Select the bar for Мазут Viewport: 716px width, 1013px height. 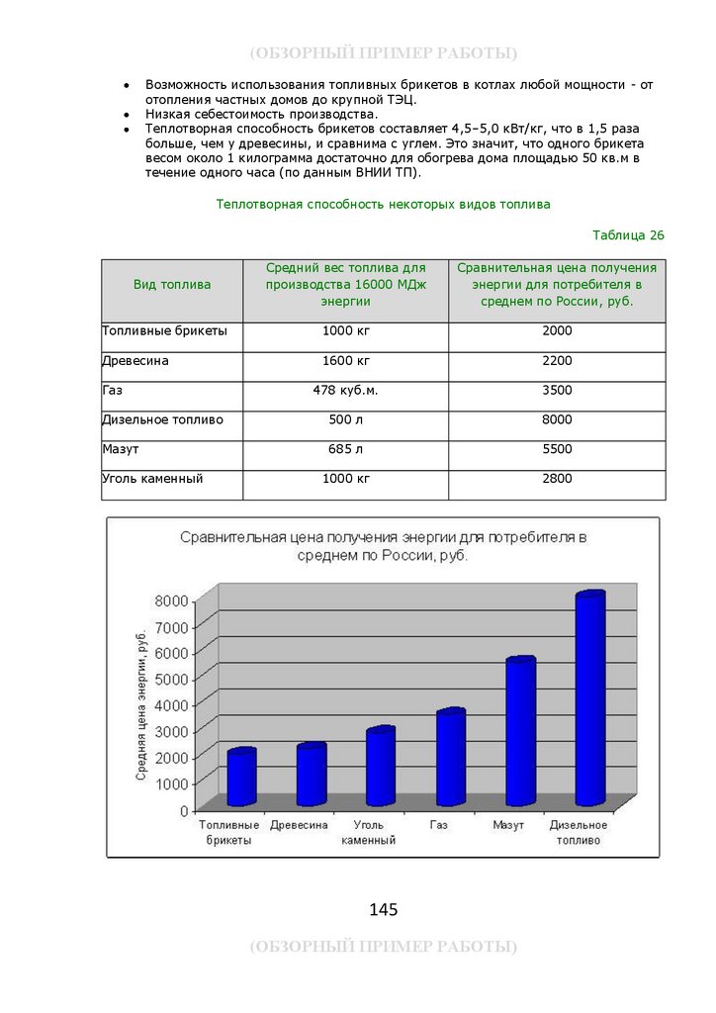coord(520,732)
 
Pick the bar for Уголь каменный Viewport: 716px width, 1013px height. coord(381,767)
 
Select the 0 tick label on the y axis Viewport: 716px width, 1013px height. coord(184,810)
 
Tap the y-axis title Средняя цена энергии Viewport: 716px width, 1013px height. coord(142,703)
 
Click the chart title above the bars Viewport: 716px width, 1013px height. coord(383,546)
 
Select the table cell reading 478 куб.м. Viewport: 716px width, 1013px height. coord(345,391)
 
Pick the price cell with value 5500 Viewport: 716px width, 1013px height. coord(557,449)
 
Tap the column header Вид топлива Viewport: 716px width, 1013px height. coord(172,285)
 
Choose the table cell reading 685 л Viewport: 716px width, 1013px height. coord(345,449)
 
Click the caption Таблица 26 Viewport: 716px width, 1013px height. coord(628,235)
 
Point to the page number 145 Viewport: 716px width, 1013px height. coord(383,909)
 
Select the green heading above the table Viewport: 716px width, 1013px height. coord(383,205)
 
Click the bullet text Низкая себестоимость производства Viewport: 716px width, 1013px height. coord(261,115)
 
